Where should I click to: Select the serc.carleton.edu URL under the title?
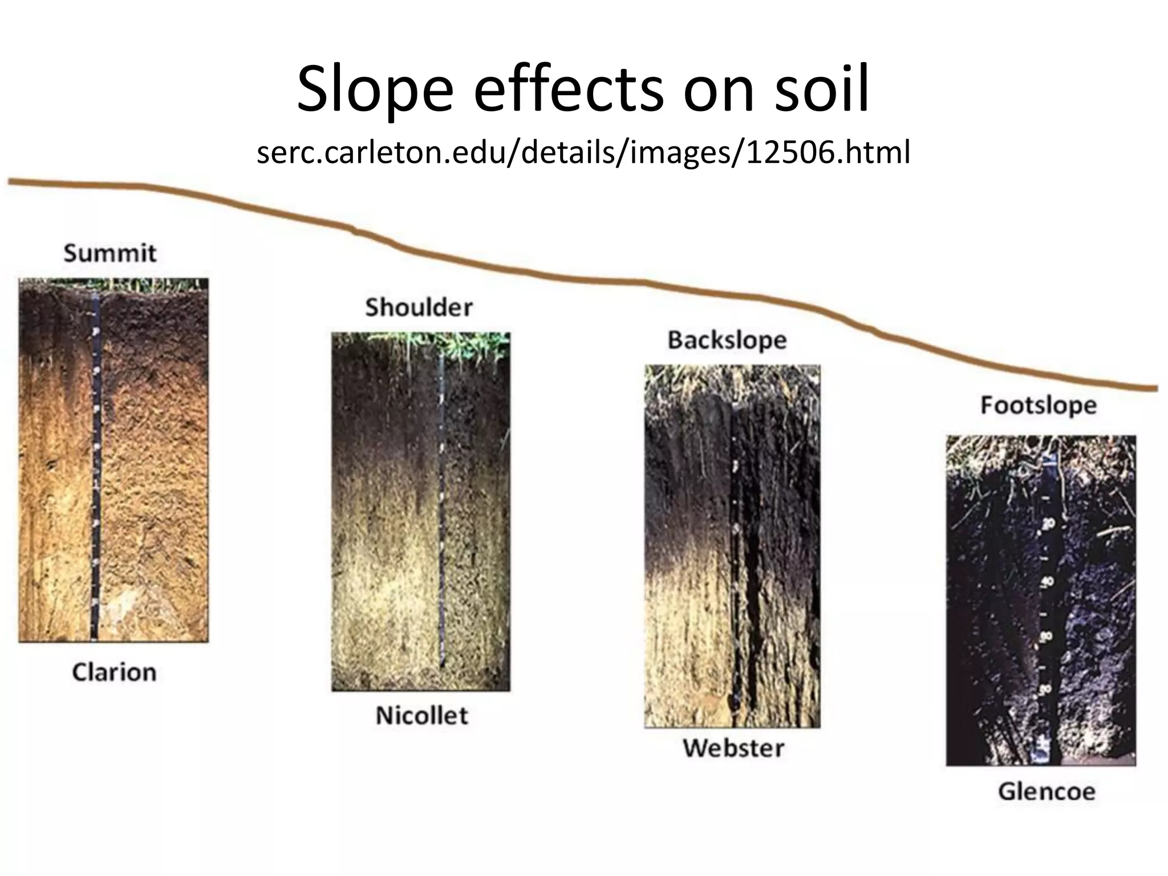click(x=583, y=152)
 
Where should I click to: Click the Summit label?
click(x=109, y=253)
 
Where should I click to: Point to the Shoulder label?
click(x=419, y=307)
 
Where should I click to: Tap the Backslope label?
click(x=727, y=340)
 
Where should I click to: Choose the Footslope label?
click(x=1039, y=405)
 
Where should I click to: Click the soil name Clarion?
click(x=114, y=672)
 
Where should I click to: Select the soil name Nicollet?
click(x=422, y=715)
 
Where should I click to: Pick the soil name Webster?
click(x=733, y=748)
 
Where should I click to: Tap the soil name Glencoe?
click(x=1047, y=792)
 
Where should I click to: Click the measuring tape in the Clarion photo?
click(x=96, y=468)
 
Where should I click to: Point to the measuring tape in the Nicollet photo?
click(x=442, y=513)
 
